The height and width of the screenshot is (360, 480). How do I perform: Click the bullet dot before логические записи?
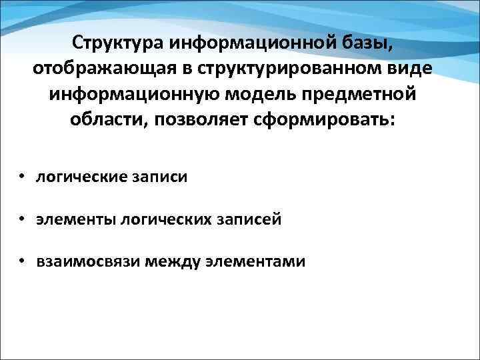click(x=22, y=177)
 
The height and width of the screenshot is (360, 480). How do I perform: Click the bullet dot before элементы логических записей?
click(x=22, y=219)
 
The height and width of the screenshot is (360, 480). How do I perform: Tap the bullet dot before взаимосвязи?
click(x=22, y=261)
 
